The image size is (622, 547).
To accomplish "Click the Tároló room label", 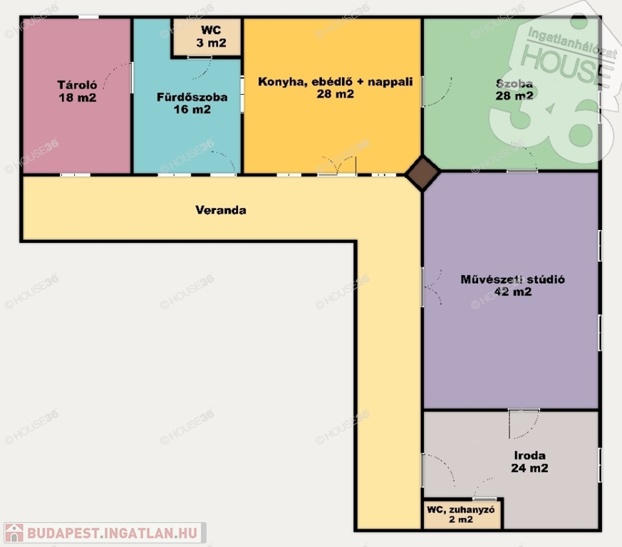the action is pos(78,85).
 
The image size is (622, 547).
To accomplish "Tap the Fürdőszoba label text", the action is pos(192,97).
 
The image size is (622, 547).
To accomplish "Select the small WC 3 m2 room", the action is pos(207,37).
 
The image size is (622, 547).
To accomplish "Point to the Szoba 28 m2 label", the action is pos(514,90).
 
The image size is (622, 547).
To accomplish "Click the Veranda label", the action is pos(221,210).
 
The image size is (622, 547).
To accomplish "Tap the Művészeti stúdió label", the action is pos(512,279).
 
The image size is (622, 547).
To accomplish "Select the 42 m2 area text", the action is pos(513,291).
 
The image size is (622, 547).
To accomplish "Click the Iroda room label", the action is pos(529,455).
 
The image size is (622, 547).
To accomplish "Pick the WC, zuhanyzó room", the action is pos(462,514).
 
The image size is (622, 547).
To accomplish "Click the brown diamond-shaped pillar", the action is pos(423,173).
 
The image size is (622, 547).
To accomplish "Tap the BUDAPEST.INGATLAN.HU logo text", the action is pos(113,533).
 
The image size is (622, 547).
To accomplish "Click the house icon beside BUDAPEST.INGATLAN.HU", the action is pos(14,533).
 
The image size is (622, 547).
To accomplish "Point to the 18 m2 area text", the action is pos(78,98).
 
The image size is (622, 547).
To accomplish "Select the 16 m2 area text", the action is pos(192,110).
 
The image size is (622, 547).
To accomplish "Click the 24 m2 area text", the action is pos(529,468).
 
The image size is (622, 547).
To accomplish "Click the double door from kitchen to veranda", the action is pos(337,165).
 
